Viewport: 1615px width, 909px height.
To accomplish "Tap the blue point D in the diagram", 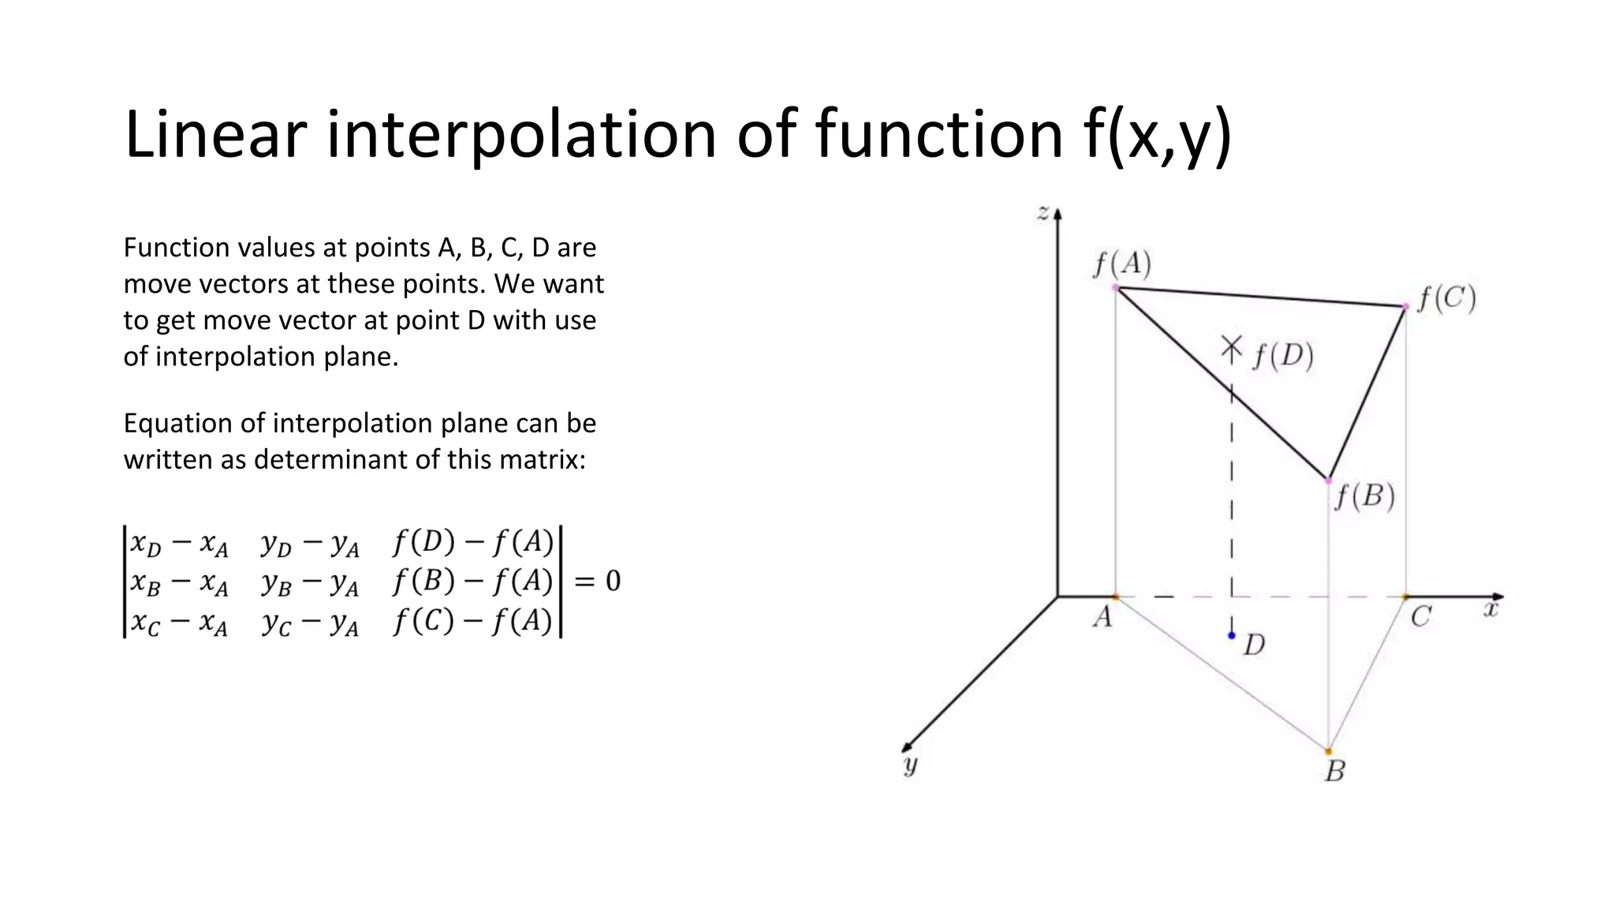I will pyautogui.click(x=1232, y=635).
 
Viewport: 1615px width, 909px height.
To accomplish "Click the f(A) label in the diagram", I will pyautogui.click(x=1122, y=264).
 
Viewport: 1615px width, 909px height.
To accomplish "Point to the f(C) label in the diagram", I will pyautogui.click(x=1446, y=299).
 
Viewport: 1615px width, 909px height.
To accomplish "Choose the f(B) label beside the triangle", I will pyautogui.click(x=1364, y=496).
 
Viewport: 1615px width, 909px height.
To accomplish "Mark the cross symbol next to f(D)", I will pyautogui.click(x=1231, y=346).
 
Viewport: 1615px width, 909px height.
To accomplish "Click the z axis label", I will pyautogui.click(x=1042, y=211).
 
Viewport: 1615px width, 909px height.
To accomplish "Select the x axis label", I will pyautogui.click(x=1490, y=609).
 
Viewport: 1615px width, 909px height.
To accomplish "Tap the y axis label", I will pyautogui.click(x=911, y=765).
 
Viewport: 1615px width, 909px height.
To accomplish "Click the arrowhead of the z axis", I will pyautogui.click(x=1058, y=213).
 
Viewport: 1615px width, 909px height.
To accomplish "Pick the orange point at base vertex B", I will pyautogui.click(x=1329, y=751).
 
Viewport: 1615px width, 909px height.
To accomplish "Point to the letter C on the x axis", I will pyautogui.click(x=1420, y=617).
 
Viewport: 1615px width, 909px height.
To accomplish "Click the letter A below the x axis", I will pyautogui.click(x=1102, y=617).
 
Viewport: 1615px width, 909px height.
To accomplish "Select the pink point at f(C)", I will pyautogui.click(x=1404, y=306).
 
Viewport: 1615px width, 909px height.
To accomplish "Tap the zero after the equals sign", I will pyautogui.click(x=613, y=582).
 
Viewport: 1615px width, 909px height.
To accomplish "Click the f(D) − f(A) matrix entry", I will pyautogui.click(x=472, y=542).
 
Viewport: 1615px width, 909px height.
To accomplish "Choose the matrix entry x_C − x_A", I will pyautogui.click(x=179, y=623).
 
